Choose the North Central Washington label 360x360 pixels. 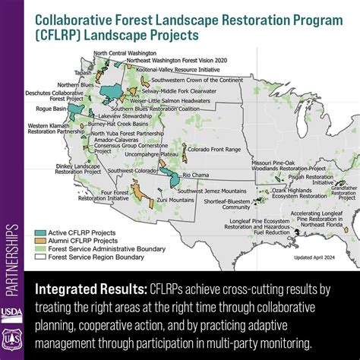(125, 53)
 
